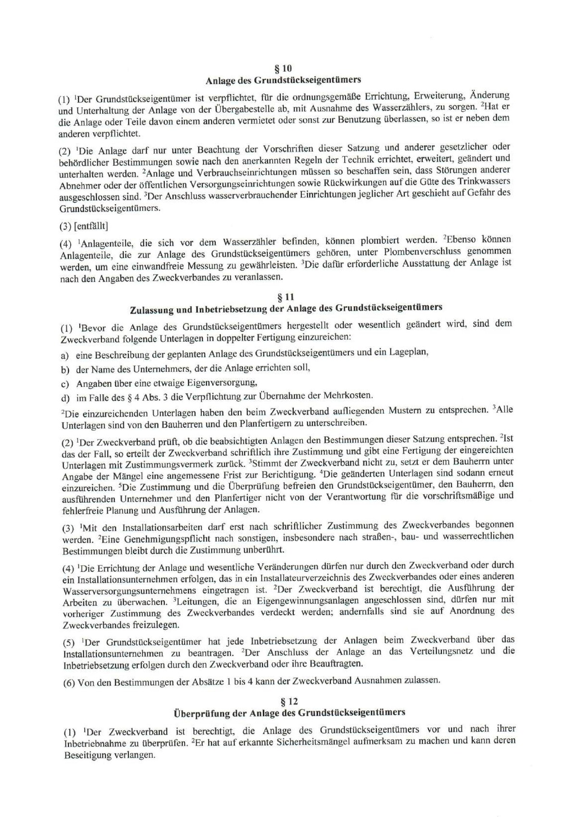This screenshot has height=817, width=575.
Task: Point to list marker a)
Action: tap(65, 355)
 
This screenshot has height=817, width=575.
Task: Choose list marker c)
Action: tap(65, 384)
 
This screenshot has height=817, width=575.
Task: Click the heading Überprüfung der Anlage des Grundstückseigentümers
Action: tap(289, 712)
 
